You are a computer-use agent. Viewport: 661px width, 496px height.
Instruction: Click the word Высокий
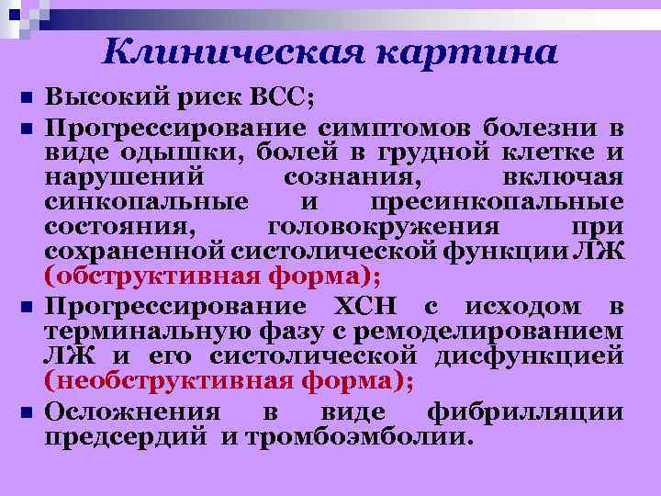point(100,98)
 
